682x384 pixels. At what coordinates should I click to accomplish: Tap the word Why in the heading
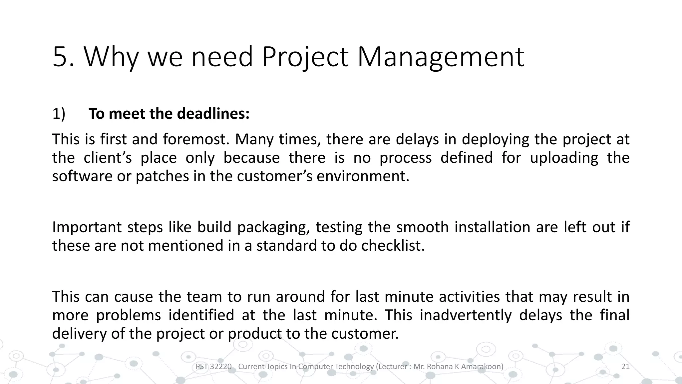click(x=111, y=57)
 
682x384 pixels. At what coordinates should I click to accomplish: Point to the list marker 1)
click(x=59, y=114)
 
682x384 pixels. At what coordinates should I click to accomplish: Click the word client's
click(x=108, y=158)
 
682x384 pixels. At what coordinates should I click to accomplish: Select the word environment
click(x=363, y=176)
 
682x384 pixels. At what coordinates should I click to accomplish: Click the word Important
click(x=86, y=227)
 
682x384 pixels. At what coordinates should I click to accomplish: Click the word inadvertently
click(x=465, y=315)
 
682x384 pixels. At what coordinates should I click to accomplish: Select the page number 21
click(x=625, y=367)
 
